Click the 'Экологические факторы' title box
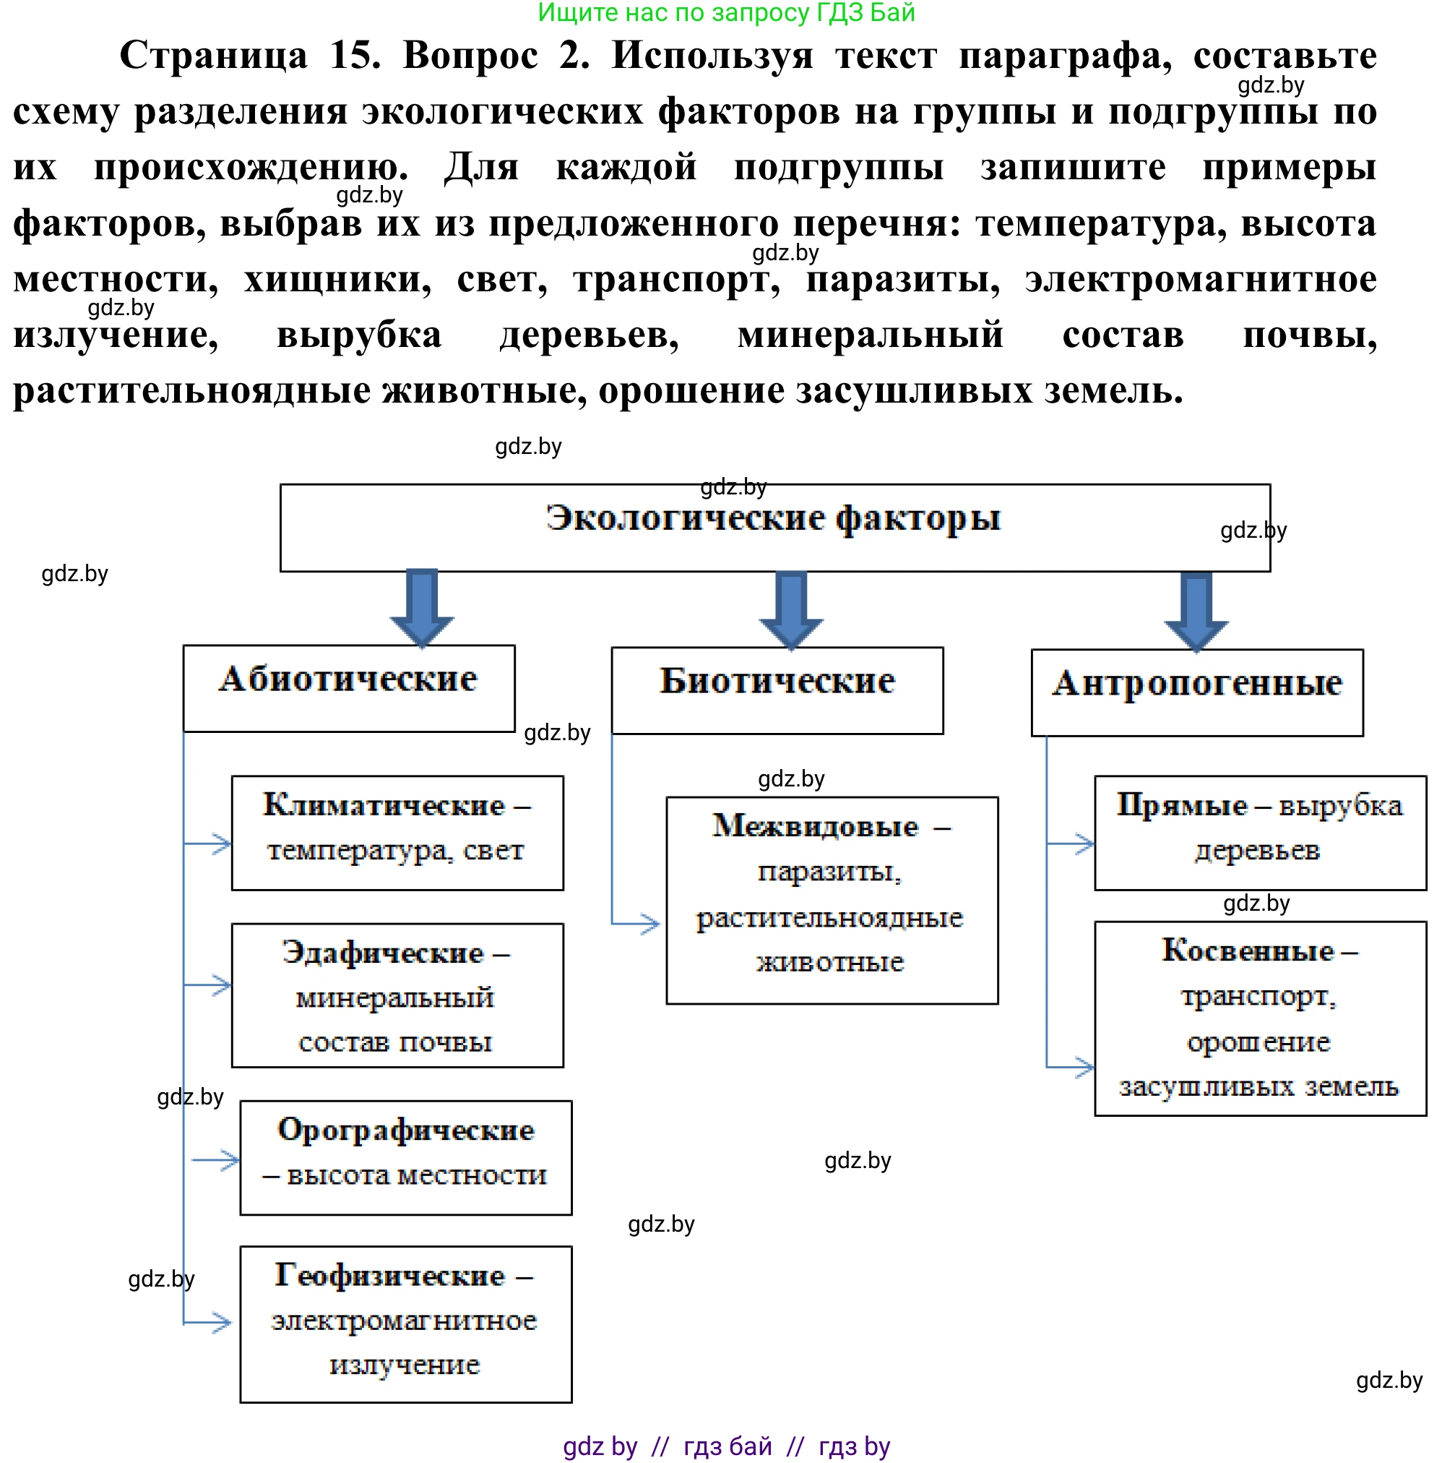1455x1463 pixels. click(774, 527)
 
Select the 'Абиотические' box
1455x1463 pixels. click(348, 687)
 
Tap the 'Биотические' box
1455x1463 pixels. click(777, 690)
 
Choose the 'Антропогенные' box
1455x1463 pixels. click(1196, 692)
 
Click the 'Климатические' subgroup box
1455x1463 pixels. click(397, 832)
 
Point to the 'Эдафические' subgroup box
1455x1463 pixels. click(397, 995)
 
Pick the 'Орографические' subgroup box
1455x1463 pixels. click(406, 1157)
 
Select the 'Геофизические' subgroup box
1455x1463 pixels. click(406, 1323)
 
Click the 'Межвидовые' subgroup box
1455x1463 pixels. click(832, 900)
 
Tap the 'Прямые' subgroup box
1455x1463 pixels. click(1260, 832)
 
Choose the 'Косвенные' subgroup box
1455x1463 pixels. click(1260, 1018)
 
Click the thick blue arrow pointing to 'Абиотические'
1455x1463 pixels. click(422, 607)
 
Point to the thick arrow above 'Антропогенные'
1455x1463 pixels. click(1196, 612)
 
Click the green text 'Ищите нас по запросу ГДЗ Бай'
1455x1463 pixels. click(726, 12)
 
